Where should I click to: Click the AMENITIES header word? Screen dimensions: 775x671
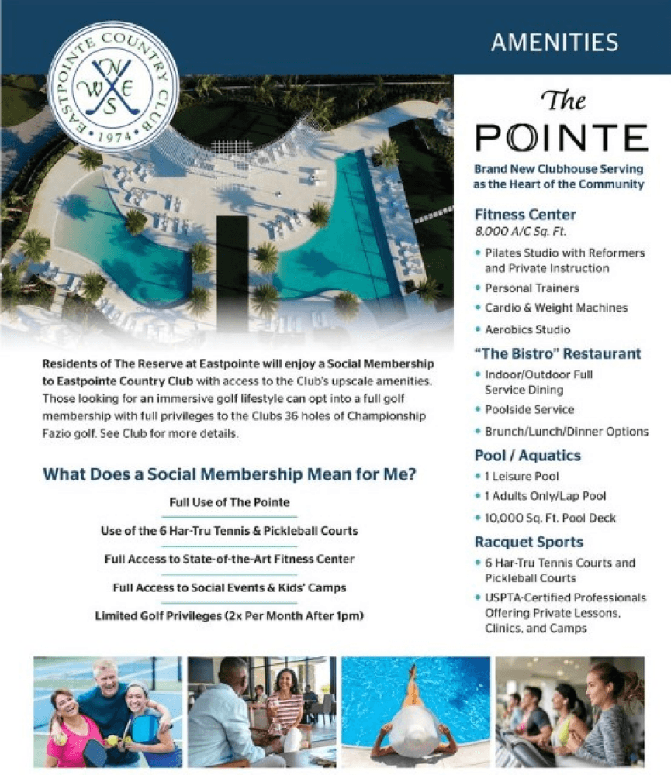tap(554, 42)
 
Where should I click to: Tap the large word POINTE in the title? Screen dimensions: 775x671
tap(561, 138)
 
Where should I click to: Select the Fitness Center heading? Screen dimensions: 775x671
tap(525, 215)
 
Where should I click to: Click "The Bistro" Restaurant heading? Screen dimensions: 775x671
tap(557, 353)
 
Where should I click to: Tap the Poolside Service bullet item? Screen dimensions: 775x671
tap(529, 409)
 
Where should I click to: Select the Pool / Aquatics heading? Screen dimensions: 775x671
tap(527, 455)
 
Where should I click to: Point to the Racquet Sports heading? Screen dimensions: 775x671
tap(528, 542)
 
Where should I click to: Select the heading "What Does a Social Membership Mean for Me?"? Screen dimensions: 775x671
tap(230, 474)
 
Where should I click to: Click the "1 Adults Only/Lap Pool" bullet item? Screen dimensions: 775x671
tap(545, 497)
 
